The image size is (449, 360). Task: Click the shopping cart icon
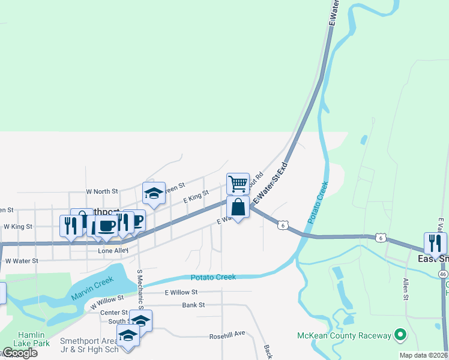click(x=238, y=183)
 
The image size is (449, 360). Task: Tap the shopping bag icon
click(x=238, y=207)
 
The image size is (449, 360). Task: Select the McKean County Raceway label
click(x=344, y=335)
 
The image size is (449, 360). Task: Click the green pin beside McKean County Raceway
click(x=398, y=335)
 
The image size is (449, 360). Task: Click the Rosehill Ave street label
click(x=228, y=334)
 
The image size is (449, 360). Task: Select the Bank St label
click(x=194, y=305)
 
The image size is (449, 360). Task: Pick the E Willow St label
click(x=181, y=292)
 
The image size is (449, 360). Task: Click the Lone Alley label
click(x=113, y=251)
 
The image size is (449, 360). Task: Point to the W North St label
click(x=102, y=191)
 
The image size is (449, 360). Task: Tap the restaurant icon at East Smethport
click(x=435, y=243)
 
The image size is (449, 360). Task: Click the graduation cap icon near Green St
click(x=154, y=193)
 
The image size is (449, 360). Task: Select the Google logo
click(x=19, y=353)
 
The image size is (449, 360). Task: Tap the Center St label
click(x=114, y=313)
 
